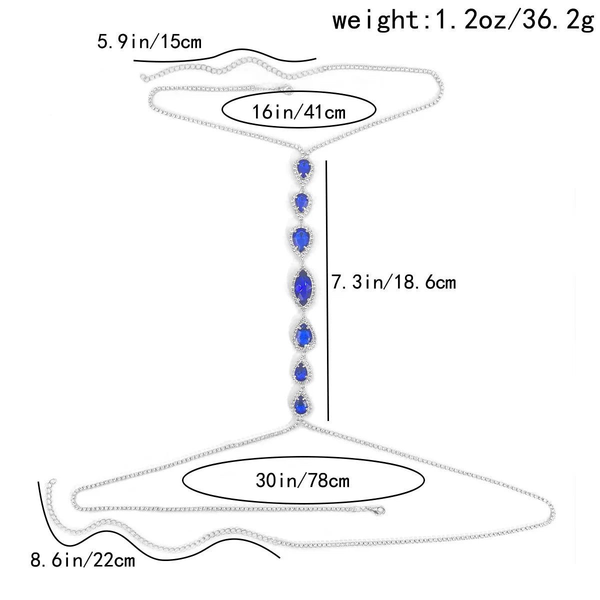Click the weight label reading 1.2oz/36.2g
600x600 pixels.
463,21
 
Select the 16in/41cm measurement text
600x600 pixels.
299,111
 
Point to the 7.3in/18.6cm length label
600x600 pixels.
394,282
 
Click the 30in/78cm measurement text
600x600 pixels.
302,481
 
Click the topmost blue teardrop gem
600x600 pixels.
303,167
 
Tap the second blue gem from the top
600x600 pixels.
301,201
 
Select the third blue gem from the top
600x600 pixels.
301,237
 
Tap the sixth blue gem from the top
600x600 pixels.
301,371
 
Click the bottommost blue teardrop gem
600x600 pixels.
301,402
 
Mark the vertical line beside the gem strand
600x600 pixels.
327,290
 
